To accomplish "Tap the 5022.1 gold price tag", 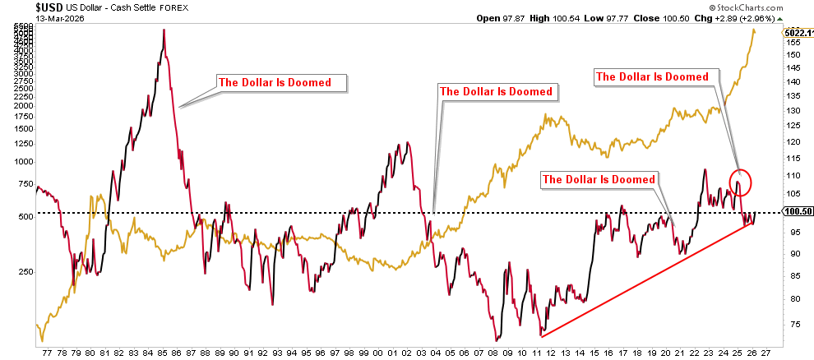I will (x=798, y=33).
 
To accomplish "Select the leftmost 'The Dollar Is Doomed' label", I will (x=275, y=82).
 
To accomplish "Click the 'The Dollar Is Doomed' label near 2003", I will (x=497, y=91).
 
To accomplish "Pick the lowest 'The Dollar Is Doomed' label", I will (x=599, y=179).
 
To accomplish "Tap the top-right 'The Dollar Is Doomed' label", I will (x=652, y=76).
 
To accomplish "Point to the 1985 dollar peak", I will (x=164, y=30).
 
